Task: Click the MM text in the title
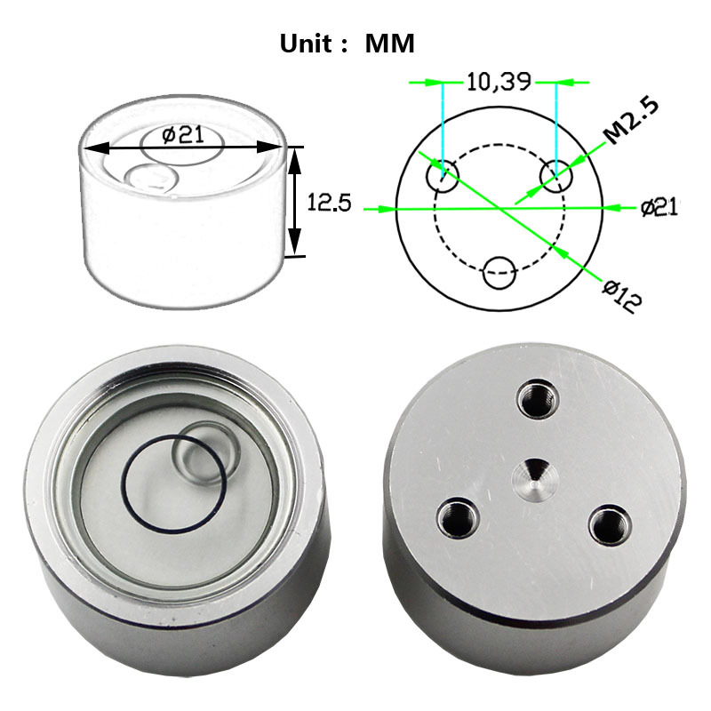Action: [x=390, y=43]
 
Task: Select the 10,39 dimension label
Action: [x=499, y=83]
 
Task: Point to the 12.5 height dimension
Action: [x=330, y=203]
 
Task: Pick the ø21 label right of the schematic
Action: [x=659, y=208]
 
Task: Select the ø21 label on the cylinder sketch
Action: [x=185, y=135]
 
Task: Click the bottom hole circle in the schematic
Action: [x=499, y=273]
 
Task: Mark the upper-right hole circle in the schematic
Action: [x=556, y=176]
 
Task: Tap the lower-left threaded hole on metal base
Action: [x=457, y=515]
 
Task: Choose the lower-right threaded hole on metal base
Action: [x=609, y=523]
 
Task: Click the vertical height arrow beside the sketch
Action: [x=296, y=201]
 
